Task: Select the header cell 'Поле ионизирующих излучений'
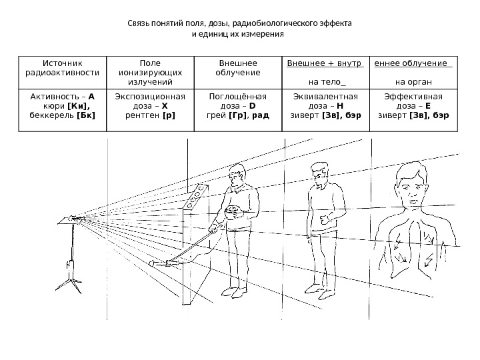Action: click(147, 72)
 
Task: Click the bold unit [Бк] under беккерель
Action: click(86, 114)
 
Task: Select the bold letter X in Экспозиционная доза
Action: click(165, 105)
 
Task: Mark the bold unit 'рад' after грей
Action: click(261, 114)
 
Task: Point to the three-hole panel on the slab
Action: click(197, 197)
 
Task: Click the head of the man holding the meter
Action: click(235, 176)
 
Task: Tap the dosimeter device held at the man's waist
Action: click(233, 212)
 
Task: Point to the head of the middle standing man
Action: click(319, 175)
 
